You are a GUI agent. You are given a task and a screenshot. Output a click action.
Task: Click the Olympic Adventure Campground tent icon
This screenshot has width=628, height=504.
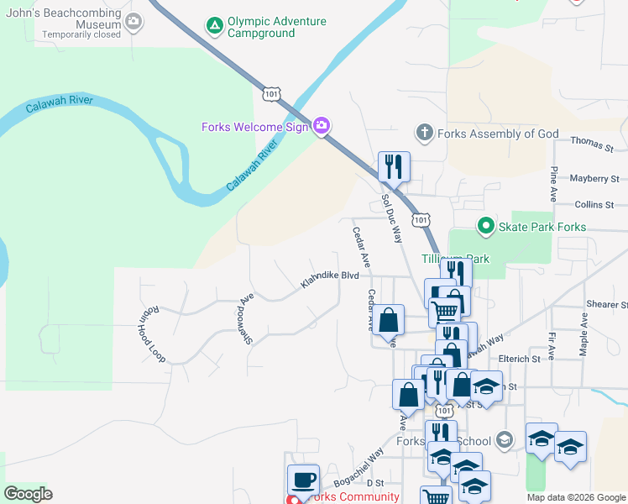[x=216, y=26]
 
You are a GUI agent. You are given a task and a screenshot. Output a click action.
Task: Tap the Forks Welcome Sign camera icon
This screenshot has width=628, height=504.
[x=321, y=127]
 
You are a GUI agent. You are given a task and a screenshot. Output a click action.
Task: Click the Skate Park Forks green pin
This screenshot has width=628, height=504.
[x=484, y=226]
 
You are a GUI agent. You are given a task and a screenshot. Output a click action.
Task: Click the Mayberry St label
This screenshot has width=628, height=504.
[x=594, y=179]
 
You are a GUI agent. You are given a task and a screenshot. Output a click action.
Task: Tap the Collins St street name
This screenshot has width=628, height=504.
[x=595, y=204]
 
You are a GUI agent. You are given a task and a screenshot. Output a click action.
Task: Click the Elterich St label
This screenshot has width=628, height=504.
[x=518, y=359]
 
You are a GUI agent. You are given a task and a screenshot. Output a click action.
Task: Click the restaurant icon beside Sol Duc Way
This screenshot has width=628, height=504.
[x=394, y=167]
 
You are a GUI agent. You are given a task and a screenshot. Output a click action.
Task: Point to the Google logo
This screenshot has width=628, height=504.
[x=28, y=494]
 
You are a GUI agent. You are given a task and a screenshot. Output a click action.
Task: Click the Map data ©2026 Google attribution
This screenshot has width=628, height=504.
[x=575, y=497]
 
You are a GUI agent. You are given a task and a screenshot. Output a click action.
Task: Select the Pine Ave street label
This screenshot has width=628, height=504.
[x=554, y=183]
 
